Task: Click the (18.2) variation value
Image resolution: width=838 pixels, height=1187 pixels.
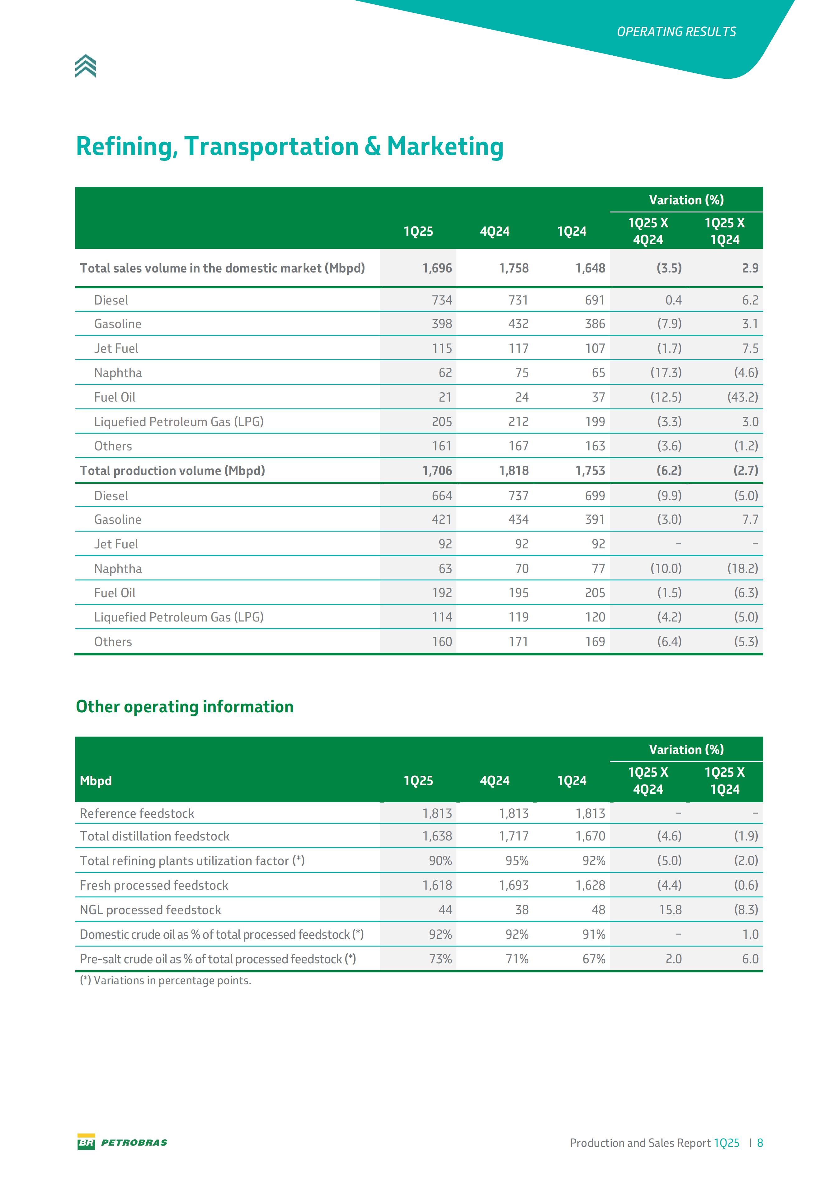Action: pyautogui.click(x=742, y=569)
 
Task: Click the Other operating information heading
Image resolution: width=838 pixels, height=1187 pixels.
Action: pyautogui.click(x=185, y=707)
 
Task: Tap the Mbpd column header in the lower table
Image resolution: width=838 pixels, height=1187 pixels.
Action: pyautogui.click(x=96, y=781)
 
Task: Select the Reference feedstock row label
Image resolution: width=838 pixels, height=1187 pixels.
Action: pyautogui.click(x=137, y=814)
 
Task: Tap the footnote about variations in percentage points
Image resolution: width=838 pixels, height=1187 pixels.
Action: pyautogui.click(x=166, y=981)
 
